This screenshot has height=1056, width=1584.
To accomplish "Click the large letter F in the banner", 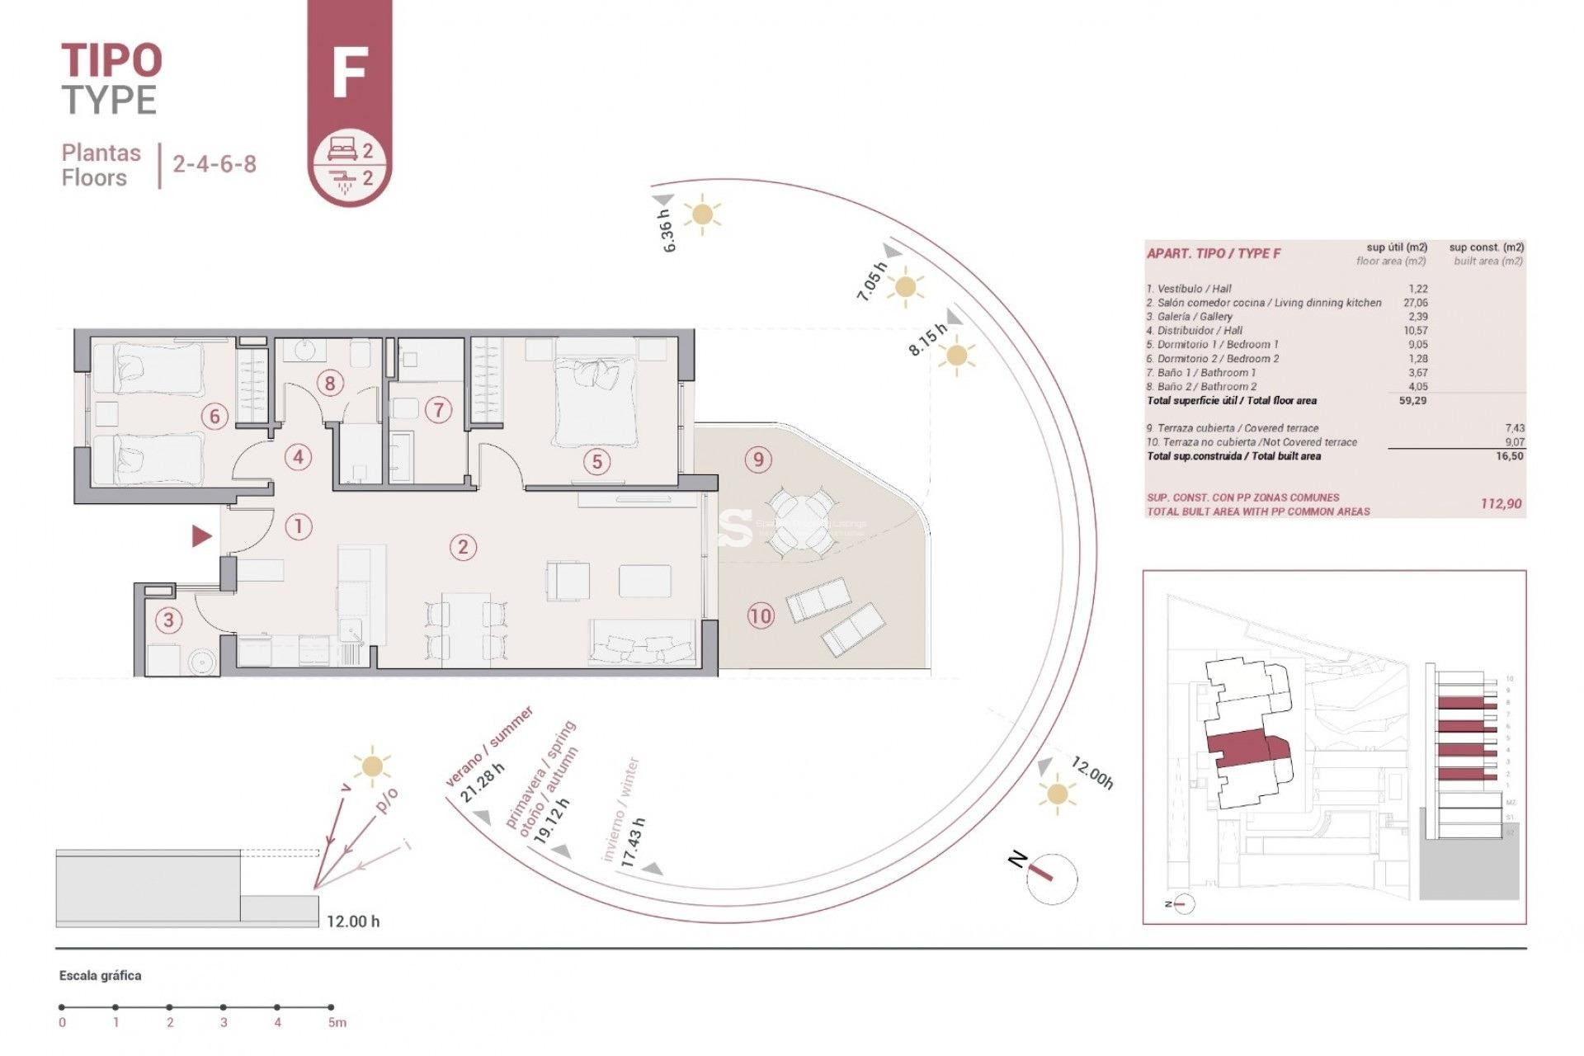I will (x=349, y=73).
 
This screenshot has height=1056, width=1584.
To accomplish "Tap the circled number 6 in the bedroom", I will (x=214, y=416).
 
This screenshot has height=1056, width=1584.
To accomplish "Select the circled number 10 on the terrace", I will (x=761, y=615).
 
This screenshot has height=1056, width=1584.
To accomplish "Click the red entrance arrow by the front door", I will (x=201, y=536).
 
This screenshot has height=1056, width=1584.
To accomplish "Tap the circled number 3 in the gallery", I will (x=168, y=620).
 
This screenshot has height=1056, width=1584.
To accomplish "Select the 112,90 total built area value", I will (x=1501, y=504).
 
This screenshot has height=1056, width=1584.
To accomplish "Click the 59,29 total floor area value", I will (x=1412, y=401).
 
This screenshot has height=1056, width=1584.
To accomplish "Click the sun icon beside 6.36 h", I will (x=702, y=214).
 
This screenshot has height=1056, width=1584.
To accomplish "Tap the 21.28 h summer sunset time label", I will (x=482, y=784).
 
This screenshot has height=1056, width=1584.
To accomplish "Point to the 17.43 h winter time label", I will (x=633, y=841).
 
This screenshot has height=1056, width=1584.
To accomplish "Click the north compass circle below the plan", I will (x=1052, y=878).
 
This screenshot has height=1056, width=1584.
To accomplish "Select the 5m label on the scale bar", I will (x=337, y=1023).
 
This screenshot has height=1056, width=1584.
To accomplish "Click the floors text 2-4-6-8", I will (x=214, y=164).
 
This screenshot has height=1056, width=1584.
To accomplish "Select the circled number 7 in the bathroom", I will (x=438, y=409).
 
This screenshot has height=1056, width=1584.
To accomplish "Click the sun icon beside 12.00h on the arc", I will (x=1057, y=794).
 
